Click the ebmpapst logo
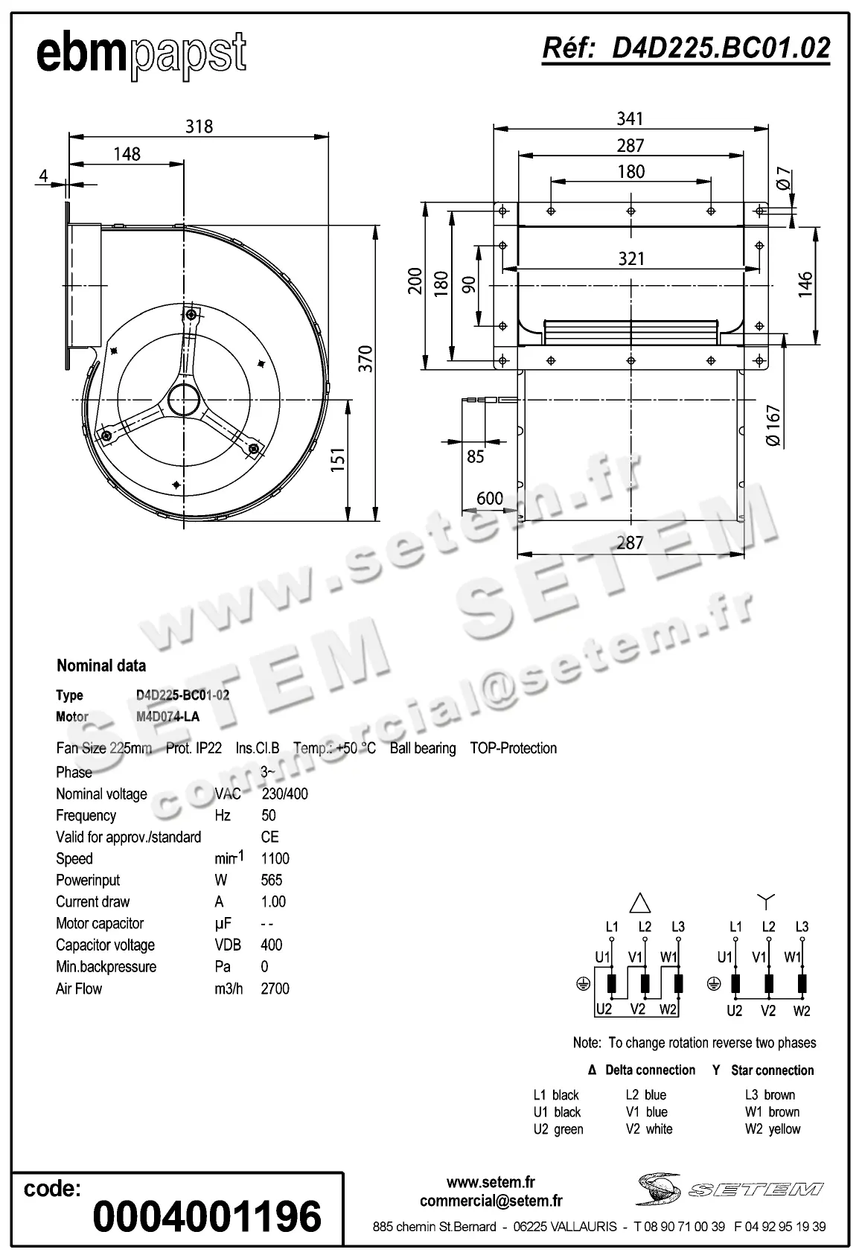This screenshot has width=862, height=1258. click(x=141, y=54)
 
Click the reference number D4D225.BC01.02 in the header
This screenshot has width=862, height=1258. click(x=686, y=48)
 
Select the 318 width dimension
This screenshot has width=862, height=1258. click(x=199, y=127)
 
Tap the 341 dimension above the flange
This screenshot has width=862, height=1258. click(x=630, y=118)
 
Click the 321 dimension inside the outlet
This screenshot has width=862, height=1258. click(x=630, y=258)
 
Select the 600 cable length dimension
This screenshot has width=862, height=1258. click(x=490, y=498)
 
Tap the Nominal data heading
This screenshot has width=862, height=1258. click(x=101, y=665)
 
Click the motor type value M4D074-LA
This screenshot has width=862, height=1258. click(x=167, y=717)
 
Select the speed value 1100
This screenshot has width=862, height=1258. click(x=275, y=858)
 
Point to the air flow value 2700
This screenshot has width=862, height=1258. click(x=275, y=989)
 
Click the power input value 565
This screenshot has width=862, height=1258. click(x=272, y=880)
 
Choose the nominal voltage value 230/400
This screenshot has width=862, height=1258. click(x=284, y=794)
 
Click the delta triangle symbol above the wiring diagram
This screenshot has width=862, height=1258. click(x=640, y=903)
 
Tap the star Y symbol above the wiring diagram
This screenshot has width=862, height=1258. click(x=766, y=901)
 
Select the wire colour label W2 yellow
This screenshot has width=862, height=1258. click(x=772, y=1128)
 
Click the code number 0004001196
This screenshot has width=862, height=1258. click(x=206, y=1216)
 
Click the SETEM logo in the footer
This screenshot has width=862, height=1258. click(x=729, y=1189)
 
